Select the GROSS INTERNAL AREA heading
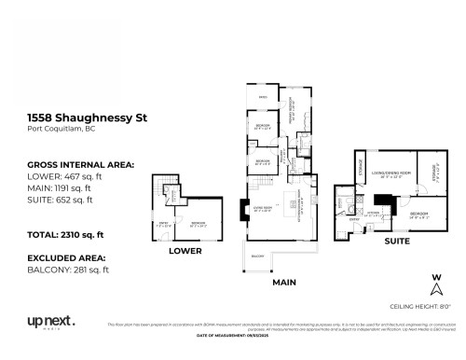click(80, 164)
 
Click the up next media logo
click(50, 323)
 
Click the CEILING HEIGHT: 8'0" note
click(426, 305)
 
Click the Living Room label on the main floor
click(261, 208)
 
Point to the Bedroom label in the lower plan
click(199, 224)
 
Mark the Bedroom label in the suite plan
click(418, 214)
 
